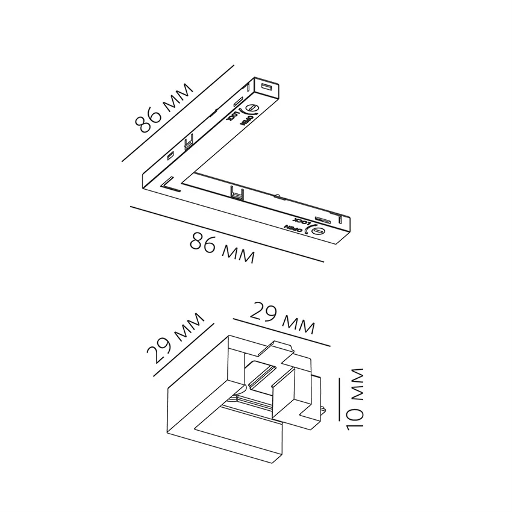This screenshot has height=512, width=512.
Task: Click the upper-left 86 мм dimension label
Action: coord(164,108)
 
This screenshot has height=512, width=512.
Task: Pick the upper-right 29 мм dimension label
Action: coord(282,318)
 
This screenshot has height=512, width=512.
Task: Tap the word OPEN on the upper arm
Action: coord(245,119)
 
